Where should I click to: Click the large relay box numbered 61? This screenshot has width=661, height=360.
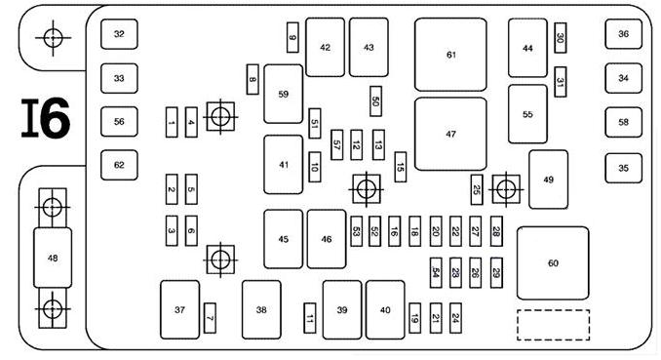coord(450,55)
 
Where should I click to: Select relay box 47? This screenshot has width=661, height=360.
coord(450,135)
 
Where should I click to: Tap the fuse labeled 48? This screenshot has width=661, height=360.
coord(53,258)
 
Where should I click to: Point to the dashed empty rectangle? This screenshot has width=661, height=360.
coord(553,325)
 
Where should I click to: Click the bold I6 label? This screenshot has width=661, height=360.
coord(46,118)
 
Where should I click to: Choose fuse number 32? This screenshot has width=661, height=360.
coord(119,34)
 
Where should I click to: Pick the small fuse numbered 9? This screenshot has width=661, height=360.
coord(292,38)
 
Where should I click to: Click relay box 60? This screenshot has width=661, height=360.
coord(553,263)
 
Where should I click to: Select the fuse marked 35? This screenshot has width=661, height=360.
coord(624,168)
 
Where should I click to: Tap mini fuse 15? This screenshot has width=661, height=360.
coord(401,167)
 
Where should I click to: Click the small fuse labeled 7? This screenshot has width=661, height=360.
coord(210,318)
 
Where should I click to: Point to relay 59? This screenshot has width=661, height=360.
coord(284,94)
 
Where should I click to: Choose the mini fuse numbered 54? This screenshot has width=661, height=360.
coord(436,273)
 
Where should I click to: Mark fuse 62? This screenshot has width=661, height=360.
coord(119,165)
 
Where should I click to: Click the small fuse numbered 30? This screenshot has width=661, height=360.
coord(561,38)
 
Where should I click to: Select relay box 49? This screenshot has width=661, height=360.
coord(549,180)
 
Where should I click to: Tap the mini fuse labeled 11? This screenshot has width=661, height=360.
coord(310,318)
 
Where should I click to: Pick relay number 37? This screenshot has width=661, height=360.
coord(180,310)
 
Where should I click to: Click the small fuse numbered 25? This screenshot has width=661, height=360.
coord(477,190)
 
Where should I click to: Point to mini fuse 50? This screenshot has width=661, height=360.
coord(376,101)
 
